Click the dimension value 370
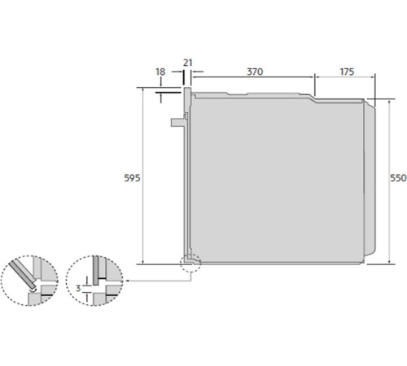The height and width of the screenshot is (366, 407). (x=255, y=72)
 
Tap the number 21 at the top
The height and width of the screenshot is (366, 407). (x=188, y=62)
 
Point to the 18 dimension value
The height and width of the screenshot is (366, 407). (x=160, y=72)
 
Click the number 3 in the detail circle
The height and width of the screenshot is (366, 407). (x=78, y=288)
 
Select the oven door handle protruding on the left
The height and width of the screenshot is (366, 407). (x=178, y=123)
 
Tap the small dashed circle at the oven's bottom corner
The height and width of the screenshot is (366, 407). (x=190, y=262)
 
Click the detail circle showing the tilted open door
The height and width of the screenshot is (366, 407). (x=28, y=280)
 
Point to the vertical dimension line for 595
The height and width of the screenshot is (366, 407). (x=143, y=178)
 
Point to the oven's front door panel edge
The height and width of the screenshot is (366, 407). (x=189, y=175)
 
